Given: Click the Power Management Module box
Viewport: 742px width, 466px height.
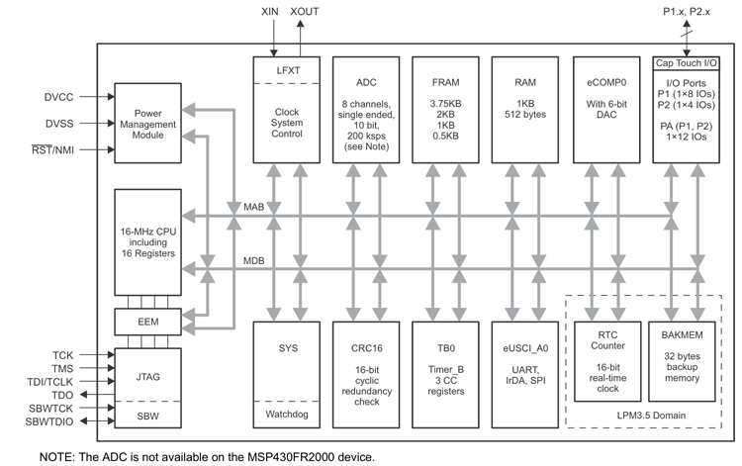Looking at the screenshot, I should (x=148, y=123).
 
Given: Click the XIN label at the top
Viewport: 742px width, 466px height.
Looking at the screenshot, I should (x=271, y=12).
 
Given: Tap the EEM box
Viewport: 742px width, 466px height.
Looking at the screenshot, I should (x=148, y=323).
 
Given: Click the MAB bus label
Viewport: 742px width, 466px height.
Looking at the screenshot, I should (x=254, y=208).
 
